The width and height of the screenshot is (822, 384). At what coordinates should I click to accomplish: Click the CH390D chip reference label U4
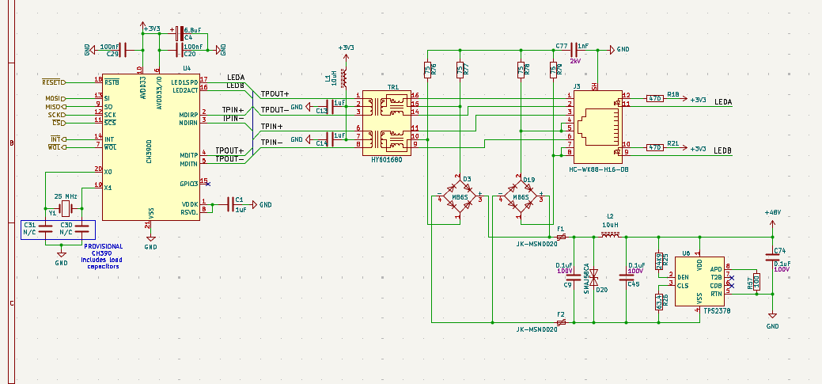click(187, 69)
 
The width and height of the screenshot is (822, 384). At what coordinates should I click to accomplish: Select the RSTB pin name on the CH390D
click(112, 82)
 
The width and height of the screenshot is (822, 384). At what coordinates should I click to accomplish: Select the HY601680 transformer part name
click(386, 159)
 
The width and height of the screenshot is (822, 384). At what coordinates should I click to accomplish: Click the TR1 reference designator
click(392, 87)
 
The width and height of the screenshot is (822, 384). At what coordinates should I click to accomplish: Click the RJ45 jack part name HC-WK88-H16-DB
click(599, 169)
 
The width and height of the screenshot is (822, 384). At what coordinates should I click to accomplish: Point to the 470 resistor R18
click(654, 99)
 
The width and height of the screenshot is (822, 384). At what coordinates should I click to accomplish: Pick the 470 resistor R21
click(654, 148)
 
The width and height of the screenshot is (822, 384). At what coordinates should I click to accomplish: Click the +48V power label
click(772, 213)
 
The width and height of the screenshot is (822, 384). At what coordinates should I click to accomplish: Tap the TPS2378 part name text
click(716, 311)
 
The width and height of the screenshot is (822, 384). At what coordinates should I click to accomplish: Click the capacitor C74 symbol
click(773, 257)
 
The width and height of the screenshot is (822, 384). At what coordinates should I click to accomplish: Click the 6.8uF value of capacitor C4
click(191, 29)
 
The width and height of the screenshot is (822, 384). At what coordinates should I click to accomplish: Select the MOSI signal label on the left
click(54, 98)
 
